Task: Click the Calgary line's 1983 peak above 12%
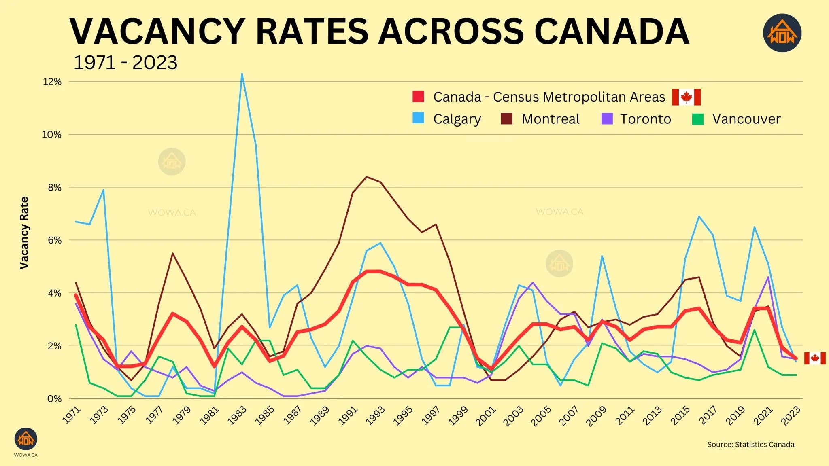(242, 74)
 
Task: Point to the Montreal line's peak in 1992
(367, 177)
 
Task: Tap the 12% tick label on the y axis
(52, 82)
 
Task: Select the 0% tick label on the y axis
(54, 399)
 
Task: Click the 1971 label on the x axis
(72, 415)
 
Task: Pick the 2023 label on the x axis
(791, 415)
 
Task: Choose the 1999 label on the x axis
(458, 415)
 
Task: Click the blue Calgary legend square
(418, 118)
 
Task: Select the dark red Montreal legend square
(506, 119)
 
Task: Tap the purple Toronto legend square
(607, 119)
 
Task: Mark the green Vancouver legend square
(698, 119)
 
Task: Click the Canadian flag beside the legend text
(686, 97)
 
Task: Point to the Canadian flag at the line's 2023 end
(814, 358)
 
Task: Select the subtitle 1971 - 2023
(125, 63)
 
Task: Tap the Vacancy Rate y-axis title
(24, 233)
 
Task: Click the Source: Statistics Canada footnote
(750, 444)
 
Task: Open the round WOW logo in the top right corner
(782, 33)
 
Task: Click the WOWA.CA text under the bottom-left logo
(26, 455)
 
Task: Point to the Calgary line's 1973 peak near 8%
(104, 190)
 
